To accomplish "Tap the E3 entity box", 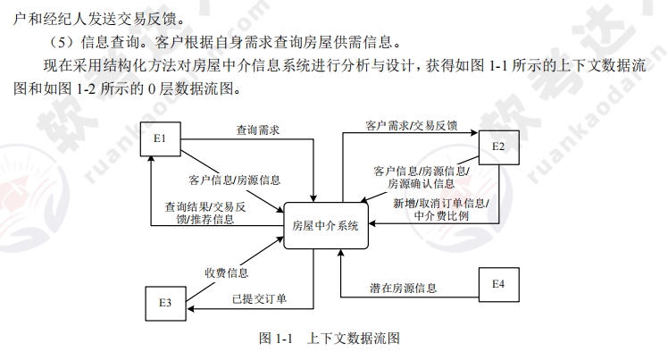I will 165,302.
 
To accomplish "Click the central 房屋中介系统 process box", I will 331,225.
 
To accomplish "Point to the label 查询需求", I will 258,130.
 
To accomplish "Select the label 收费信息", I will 226,272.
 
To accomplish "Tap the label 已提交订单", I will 259,298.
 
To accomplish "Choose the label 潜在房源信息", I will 404,288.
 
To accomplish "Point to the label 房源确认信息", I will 421,184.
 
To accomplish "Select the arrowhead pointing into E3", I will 190,307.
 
